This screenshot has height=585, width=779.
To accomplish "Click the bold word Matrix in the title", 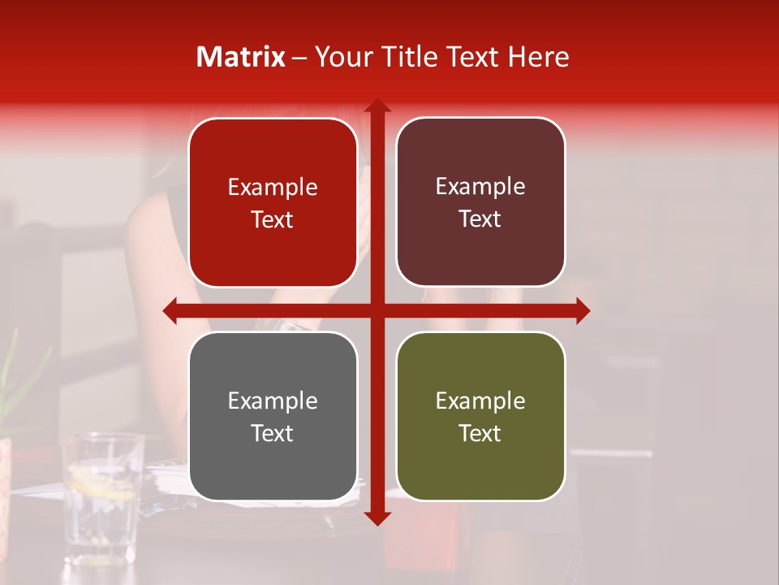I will [241, 57].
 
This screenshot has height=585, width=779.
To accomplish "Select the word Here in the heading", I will [539, 57].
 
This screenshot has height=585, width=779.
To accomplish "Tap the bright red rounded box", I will [273, 202].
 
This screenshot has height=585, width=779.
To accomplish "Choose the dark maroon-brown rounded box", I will [480, 202].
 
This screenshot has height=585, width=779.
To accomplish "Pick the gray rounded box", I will [273, 416].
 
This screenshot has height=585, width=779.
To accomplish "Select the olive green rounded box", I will [480, 416].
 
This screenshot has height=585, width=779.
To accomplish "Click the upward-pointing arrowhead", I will [377, 105].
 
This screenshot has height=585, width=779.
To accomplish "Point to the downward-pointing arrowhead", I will [377, 518].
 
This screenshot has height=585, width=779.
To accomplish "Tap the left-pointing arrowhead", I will [170, 311].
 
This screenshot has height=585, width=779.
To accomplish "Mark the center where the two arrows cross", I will [377, 311].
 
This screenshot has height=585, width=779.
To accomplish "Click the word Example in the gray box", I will [273, 401].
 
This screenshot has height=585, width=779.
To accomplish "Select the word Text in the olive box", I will [480, 433].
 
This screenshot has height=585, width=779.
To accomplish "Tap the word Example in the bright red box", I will [273, 187].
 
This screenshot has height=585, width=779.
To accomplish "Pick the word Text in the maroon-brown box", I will [480, 219].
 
